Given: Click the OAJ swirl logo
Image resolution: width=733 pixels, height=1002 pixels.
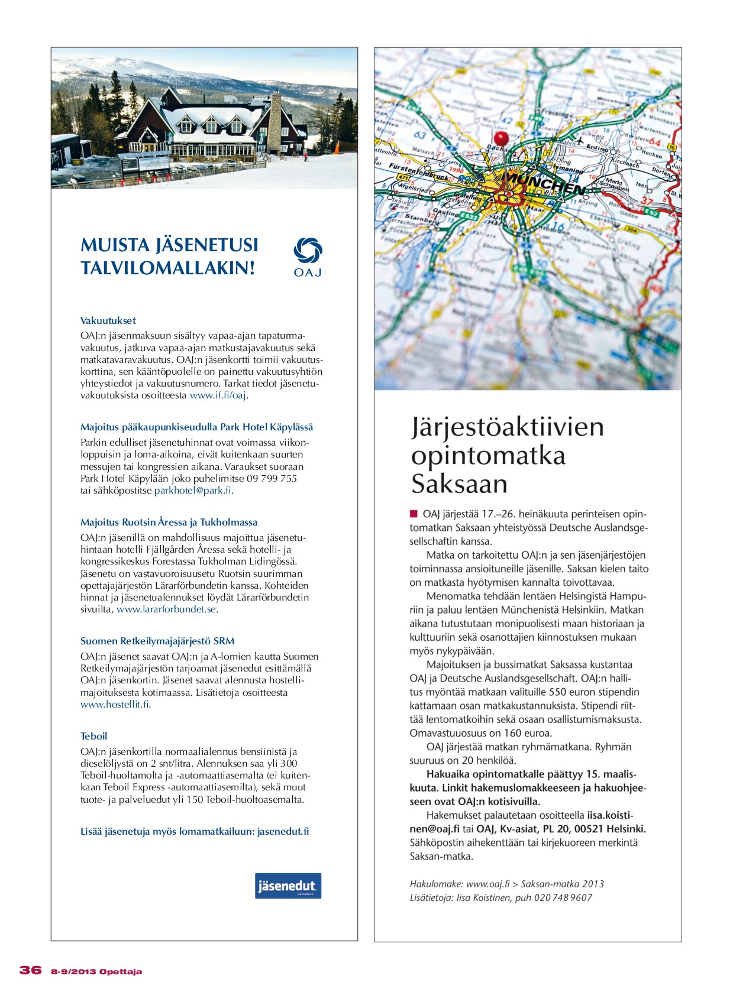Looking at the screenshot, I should click(308, 251).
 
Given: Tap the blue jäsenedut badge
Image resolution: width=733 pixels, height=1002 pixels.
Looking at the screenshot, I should click(288, 886).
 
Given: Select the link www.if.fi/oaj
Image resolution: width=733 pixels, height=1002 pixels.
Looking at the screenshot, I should click(218, 395).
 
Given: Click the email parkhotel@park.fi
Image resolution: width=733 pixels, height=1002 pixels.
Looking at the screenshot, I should click(193, 491).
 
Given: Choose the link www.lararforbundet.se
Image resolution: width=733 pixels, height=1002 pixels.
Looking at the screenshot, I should click(166, 609).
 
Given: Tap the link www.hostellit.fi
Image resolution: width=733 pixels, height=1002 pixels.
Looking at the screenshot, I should click(115, 705).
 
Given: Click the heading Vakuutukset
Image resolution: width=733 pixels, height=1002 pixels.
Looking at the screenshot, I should click(108, 320).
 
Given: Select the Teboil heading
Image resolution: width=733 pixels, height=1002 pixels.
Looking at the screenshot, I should click(94, 736).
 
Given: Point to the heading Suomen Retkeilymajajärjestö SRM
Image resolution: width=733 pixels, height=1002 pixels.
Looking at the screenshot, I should click(157, 641).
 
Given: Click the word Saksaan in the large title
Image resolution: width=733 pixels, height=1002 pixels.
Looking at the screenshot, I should click(459, 484).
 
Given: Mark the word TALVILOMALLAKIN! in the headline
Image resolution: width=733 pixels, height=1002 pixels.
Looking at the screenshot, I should click(168, 268).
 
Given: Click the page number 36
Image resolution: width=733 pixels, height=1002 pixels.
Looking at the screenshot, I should click(31, 970).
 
